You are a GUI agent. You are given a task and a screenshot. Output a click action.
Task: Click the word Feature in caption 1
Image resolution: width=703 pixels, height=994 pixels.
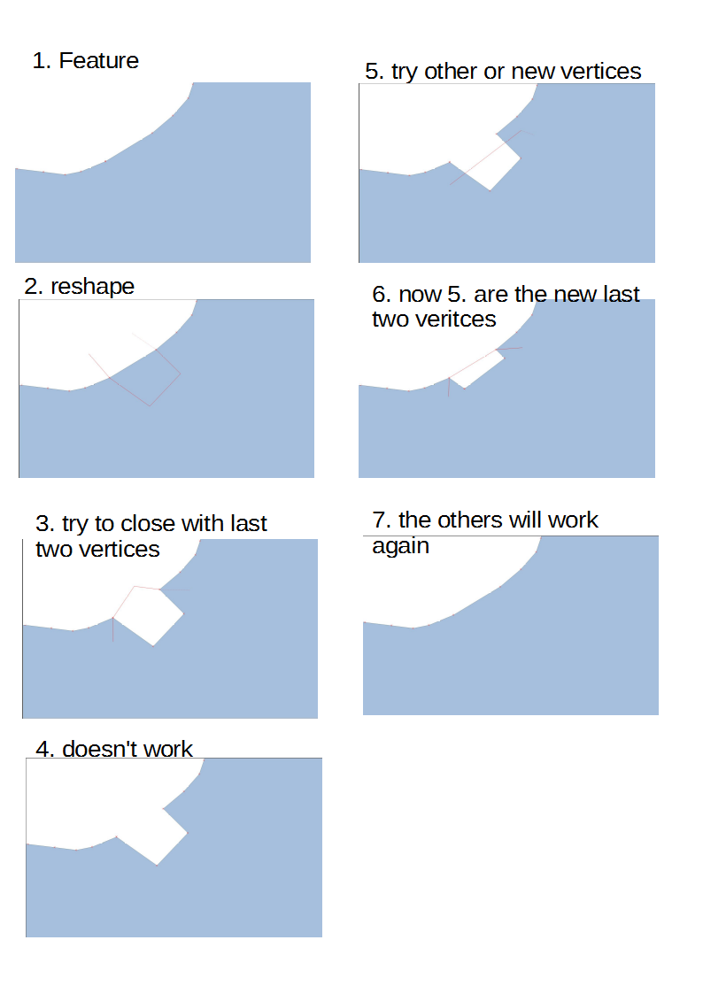[98, 61]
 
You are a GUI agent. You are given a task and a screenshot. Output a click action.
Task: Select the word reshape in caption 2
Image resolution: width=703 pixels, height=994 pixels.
[93, 287]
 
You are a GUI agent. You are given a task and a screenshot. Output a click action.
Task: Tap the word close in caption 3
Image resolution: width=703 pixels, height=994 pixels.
[148, 524]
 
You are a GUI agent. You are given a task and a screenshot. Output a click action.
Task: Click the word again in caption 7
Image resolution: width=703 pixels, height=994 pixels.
[400, 547]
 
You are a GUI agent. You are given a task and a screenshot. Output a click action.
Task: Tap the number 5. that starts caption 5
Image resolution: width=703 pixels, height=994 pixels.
[375, 72]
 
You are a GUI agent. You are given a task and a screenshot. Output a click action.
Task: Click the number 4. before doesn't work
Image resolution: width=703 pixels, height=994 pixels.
[46, 750]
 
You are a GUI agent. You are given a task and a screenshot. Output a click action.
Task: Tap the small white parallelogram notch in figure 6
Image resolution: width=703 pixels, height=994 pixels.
[476, 368]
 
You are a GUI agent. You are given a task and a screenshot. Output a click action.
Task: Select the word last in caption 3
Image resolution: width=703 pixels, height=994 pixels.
[249, 524]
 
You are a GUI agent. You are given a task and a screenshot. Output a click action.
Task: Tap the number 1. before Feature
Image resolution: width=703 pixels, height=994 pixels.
[42, 61]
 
